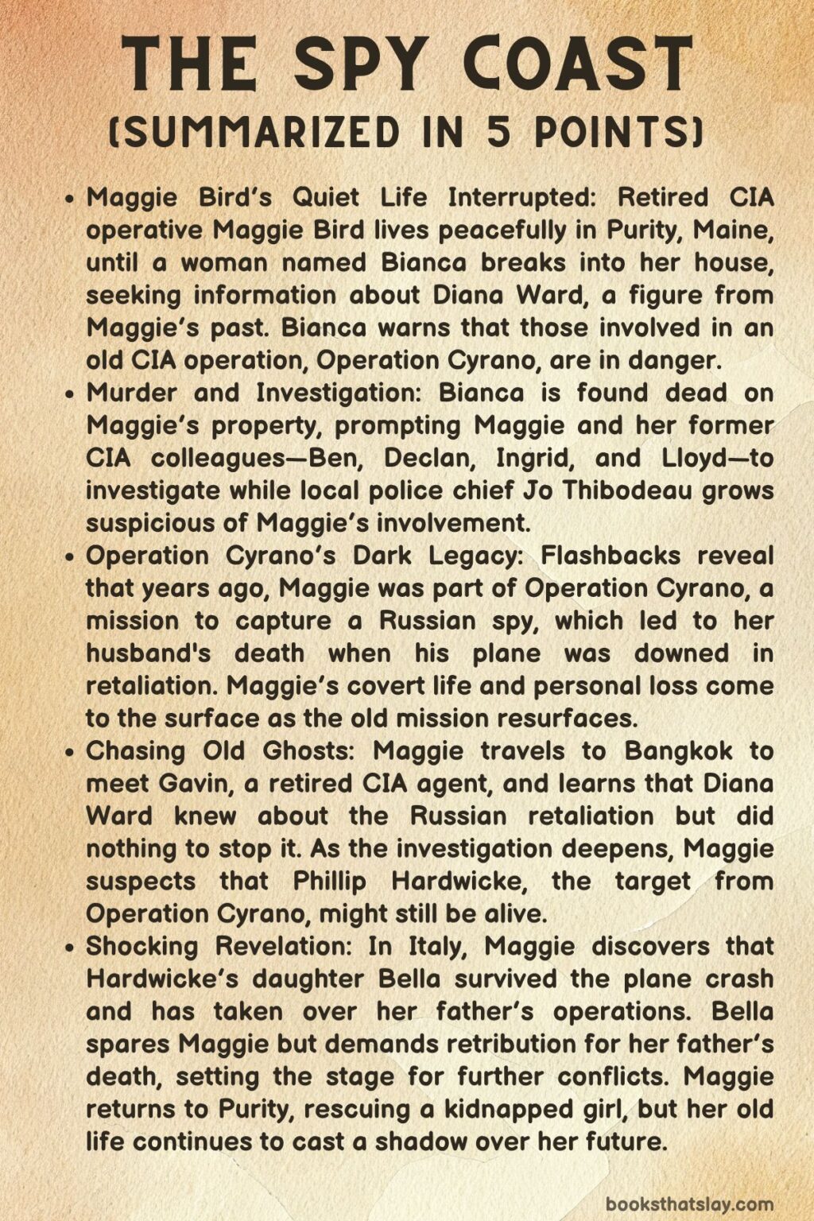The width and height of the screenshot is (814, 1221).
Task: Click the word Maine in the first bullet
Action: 733,230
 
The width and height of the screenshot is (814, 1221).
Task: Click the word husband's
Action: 149,653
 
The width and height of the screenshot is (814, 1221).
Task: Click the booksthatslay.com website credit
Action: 689,1204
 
